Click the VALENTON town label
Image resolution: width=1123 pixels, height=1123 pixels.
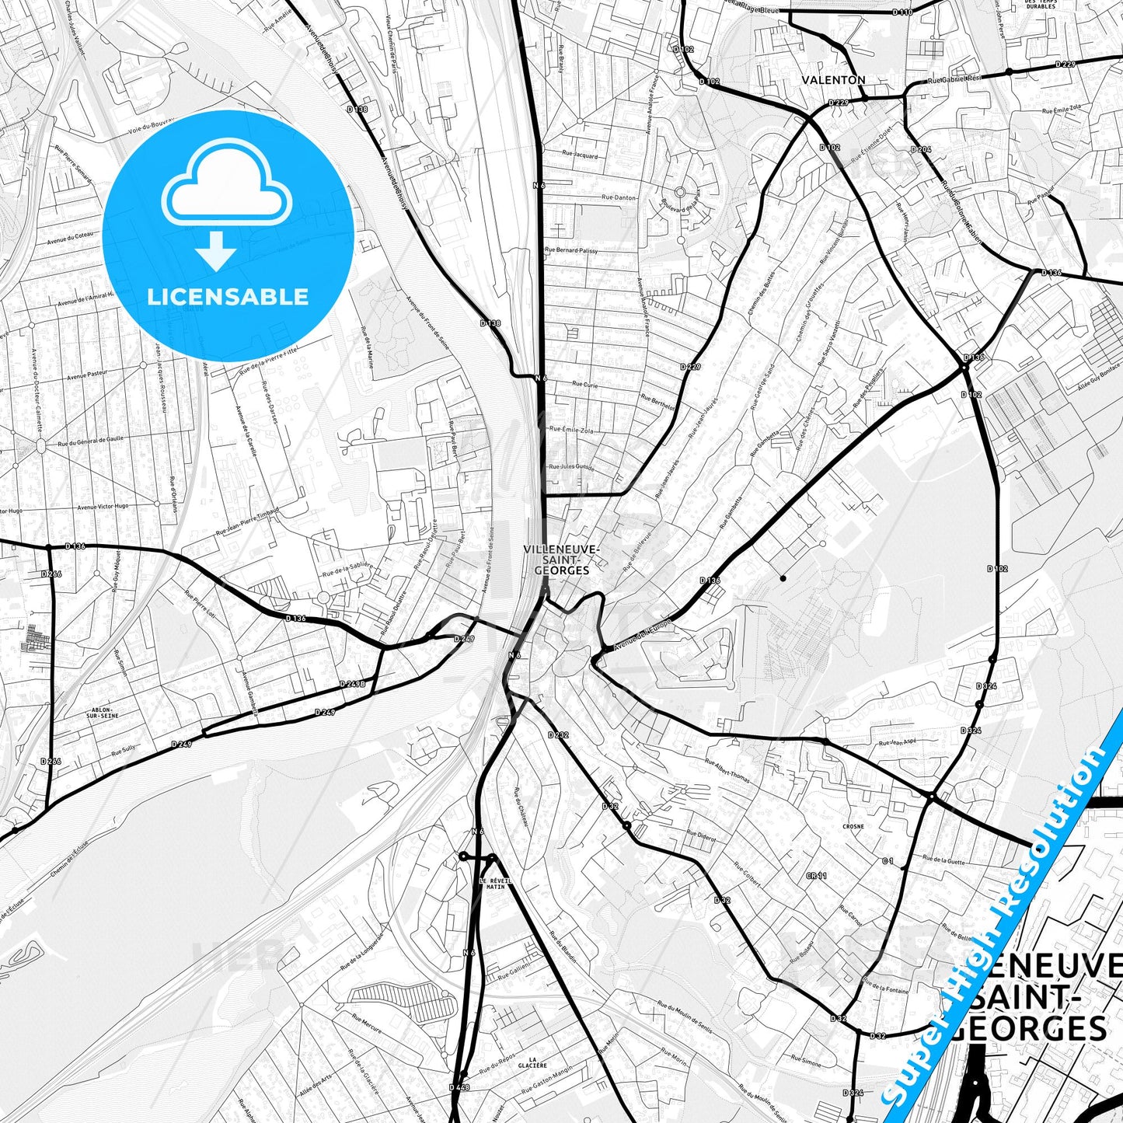(833, 80)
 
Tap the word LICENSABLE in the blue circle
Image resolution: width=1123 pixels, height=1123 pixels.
(228, 297)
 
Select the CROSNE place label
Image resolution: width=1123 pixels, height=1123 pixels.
(853, 827)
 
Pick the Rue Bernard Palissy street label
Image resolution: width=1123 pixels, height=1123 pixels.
(571, 250)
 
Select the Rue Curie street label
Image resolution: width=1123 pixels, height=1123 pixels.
(584, 384)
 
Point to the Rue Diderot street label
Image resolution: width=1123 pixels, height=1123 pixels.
(700, 838)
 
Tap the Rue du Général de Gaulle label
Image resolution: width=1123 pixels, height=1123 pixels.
(90, 441)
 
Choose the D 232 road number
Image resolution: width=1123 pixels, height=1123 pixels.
(558, 734)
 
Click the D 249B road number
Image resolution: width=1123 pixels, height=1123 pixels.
(352, 684)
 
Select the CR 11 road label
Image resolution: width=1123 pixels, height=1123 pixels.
(816, 876)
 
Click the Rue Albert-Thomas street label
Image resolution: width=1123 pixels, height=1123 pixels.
(727, 770)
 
